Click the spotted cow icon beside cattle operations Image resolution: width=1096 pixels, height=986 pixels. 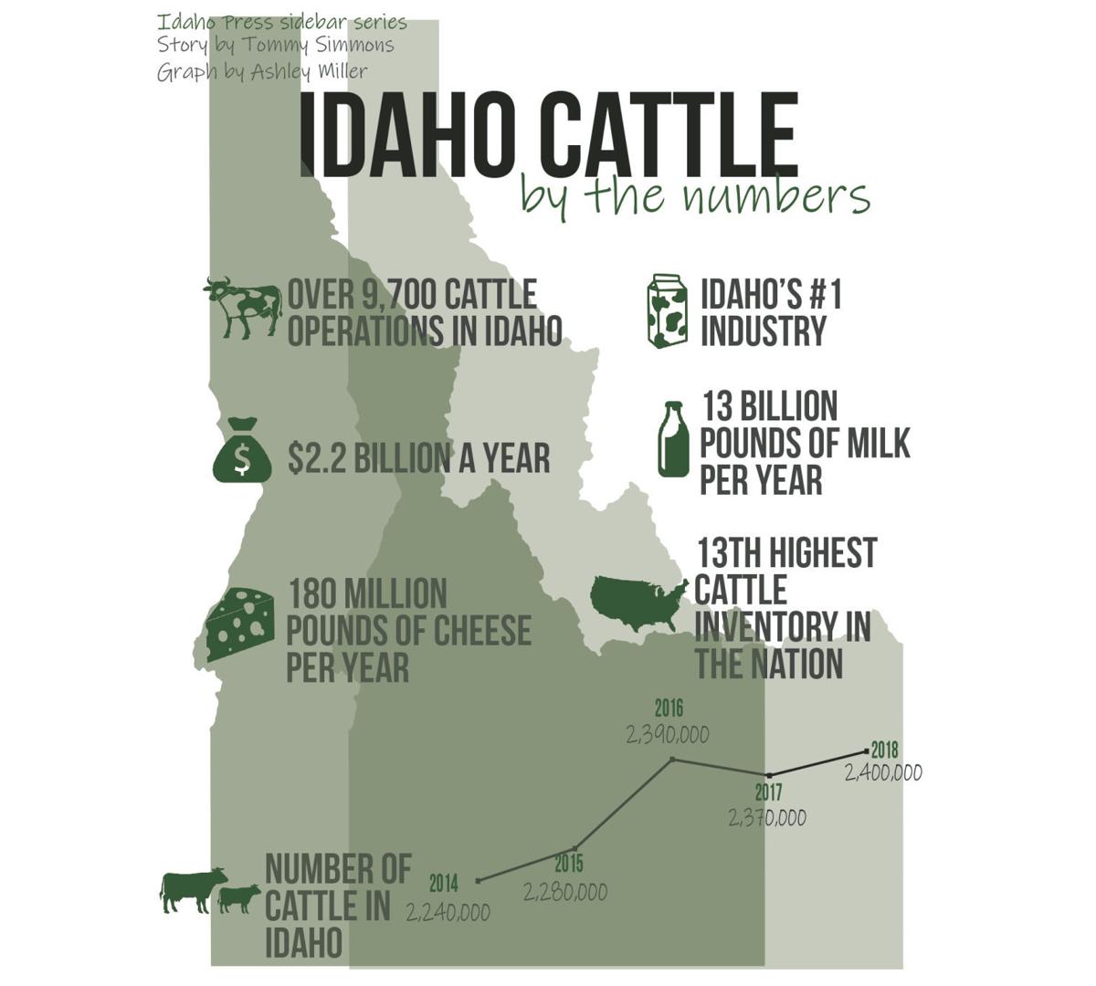242,309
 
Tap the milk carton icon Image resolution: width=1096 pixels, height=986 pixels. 667,311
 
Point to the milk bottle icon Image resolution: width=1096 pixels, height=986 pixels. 674,440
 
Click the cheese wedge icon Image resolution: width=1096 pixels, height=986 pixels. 240,624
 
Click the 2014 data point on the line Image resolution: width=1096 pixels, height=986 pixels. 479,881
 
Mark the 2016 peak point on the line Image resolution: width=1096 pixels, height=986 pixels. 672,759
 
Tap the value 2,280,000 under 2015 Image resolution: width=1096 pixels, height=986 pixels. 565,892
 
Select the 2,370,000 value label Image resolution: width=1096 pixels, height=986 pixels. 767,818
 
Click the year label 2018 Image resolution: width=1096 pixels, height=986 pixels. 884,750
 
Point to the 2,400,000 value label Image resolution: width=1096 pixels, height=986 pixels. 883,773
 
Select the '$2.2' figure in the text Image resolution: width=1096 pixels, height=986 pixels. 316,458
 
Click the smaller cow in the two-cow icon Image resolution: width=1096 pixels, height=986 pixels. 239,898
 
